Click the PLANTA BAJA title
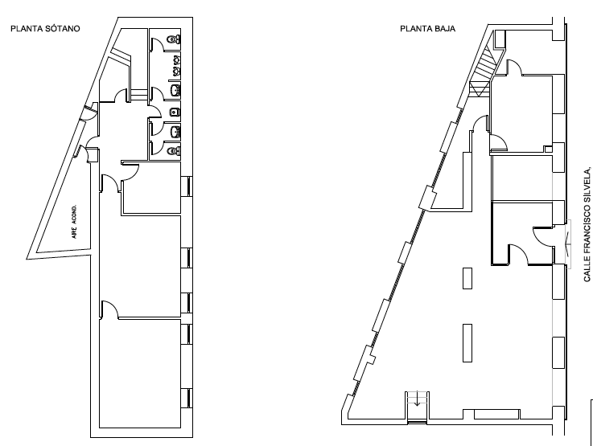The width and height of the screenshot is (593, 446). coord(427,29)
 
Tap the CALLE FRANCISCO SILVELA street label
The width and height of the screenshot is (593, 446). coord(588,223)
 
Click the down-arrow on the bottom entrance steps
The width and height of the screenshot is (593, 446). coord(416,409)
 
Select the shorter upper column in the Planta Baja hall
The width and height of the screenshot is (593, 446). coord(467,277)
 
